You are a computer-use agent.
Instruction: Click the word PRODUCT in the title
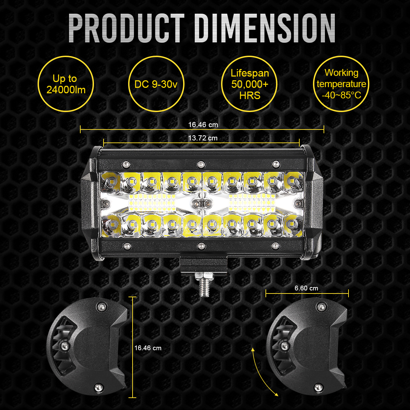coord(126,28)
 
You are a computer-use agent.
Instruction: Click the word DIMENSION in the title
coord(265,28)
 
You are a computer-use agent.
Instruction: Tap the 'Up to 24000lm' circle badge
coord(65,84)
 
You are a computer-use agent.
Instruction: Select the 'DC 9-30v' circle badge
coord(156,84)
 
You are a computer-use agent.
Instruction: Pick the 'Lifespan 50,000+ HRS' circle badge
coord(249,84)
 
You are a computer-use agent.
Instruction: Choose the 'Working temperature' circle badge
coord(341,84)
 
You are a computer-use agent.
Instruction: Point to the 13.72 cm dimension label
coord(203,138)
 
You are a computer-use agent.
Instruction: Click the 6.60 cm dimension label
coord(306,288)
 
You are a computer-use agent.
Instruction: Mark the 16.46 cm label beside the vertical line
coord(148,348)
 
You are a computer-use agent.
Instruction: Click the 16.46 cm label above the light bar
coord(203,125)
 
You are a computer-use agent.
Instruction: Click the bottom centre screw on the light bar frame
coord(201,245)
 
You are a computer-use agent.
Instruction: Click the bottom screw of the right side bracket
coord(319,387)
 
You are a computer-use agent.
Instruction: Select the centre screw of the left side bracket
coord(63,346)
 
